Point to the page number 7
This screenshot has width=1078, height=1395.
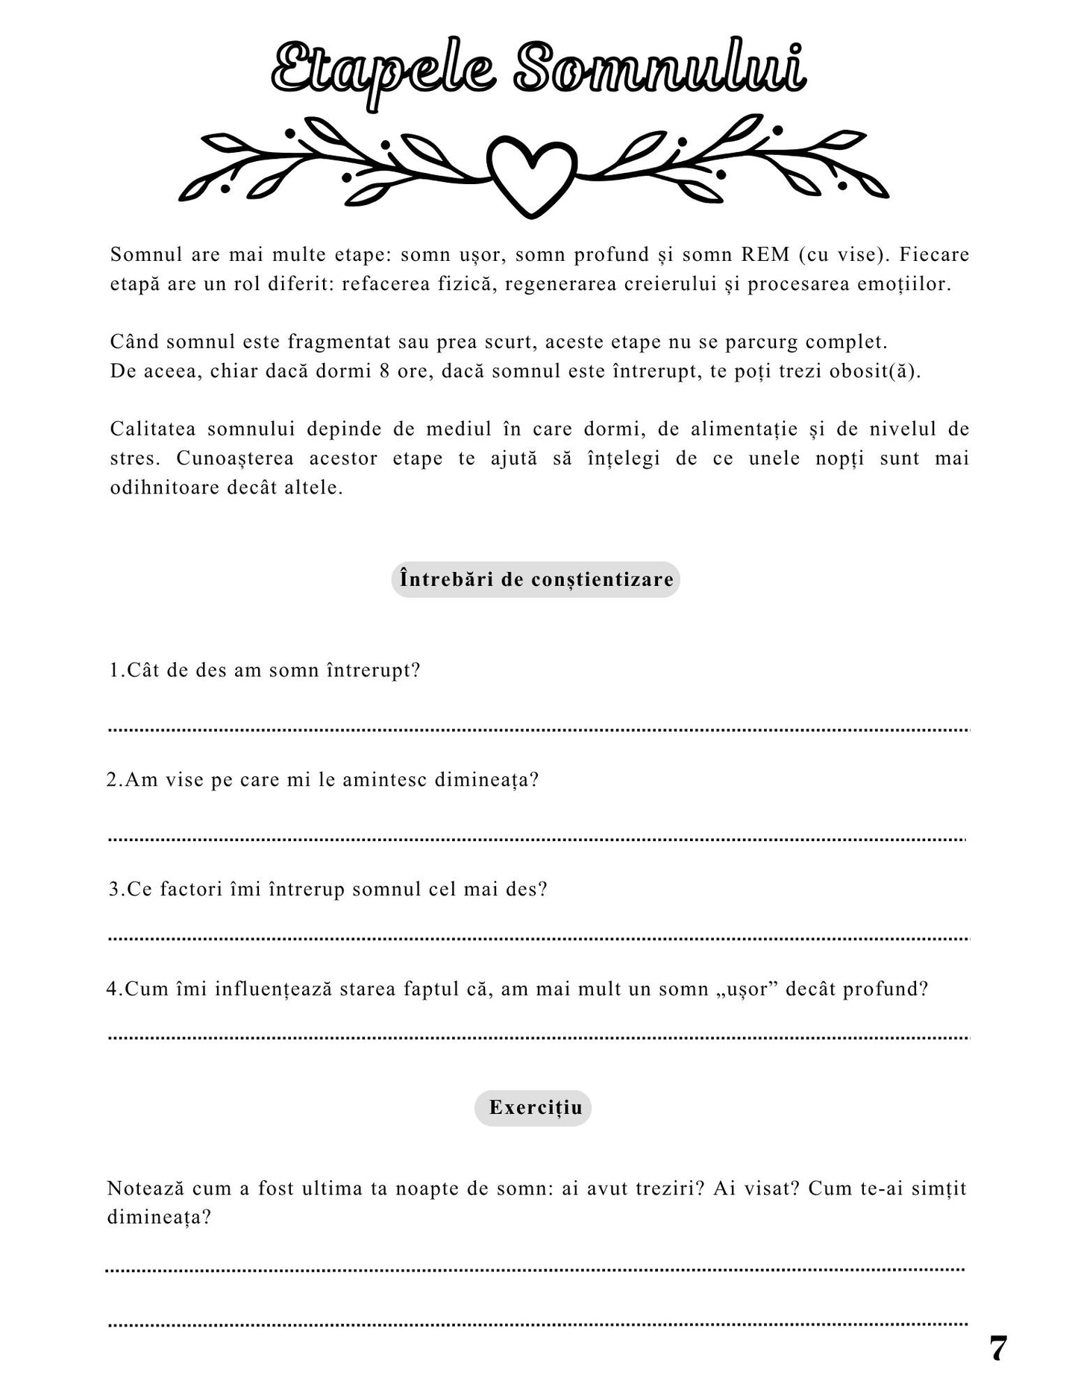pyautogui.click(x=997, y=1349)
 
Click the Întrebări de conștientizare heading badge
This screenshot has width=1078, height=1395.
pyautogui.click(x=536, y=579)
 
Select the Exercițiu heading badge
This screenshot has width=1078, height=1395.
pyautogui.click(x=533, y=1107)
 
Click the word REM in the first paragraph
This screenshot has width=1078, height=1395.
pyautogui.click(x=765, y=255)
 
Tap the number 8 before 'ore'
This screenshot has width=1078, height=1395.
pyautogui.click(x=384, y=371)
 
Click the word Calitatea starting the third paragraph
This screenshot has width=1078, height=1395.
pyautogui.click(x=153, y=429)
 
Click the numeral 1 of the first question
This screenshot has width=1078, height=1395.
pyautogui.click(x=115, y=670)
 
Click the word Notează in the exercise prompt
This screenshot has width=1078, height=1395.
pyautogui.click(x=145, y=1188)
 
